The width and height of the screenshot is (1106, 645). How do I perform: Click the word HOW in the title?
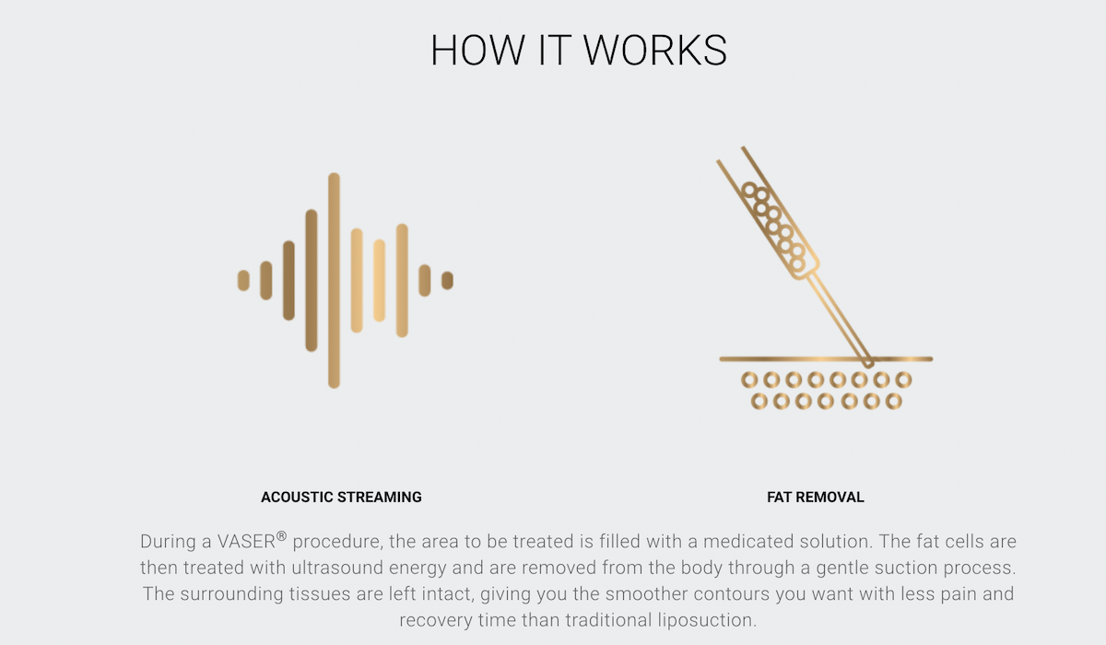pyautogui.click(x=478, y=50)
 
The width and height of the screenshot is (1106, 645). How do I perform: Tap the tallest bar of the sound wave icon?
pyautogui.click(x=334, y=280)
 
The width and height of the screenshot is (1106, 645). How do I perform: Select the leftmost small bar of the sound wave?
pyautogui.click(x=243, y=280)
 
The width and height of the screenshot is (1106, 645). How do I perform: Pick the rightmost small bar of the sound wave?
pyautogui.click(x=447, y=280)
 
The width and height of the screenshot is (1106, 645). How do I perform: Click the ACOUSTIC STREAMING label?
pyautogui.click(x=341, y=497)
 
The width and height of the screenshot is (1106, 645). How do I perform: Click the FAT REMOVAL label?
pyautogui.click(x=816, y=497)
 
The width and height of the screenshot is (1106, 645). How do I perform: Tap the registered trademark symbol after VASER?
pyautogui.click(x=281, y=536)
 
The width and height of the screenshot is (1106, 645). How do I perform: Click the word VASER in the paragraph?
pyautogui.click(x=246, y=542)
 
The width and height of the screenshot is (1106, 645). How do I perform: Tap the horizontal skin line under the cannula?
pyautogui.click(x=826, y=359)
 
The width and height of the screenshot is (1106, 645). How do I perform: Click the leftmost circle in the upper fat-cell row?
pyautogui.click(x=749, y=380)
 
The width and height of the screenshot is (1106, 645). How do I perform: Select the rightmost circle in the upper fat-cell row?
pyautogui.click(x=903, y=380)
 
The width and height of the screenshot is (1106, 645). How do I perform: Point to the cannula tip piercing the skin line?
pyautogui.click(x=868, y=364)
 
